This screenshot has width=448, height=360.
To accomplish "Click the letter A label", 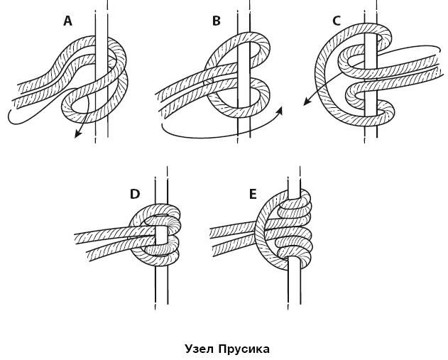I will point(68,21).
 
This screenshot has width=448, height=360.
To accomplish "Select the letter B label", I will point(217,21).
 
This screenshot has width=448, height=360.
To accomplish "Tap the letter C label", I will point(337,21).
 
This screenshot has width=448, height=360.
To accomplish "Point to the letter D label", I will point(135,194).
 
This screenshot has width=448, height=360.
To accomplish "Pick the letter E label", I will point(253,194).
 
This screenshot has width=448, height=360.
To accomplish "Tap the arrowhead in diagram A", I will point(77,135).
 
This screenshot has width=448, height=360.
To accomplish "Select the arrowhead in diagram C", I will point(307,103).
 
